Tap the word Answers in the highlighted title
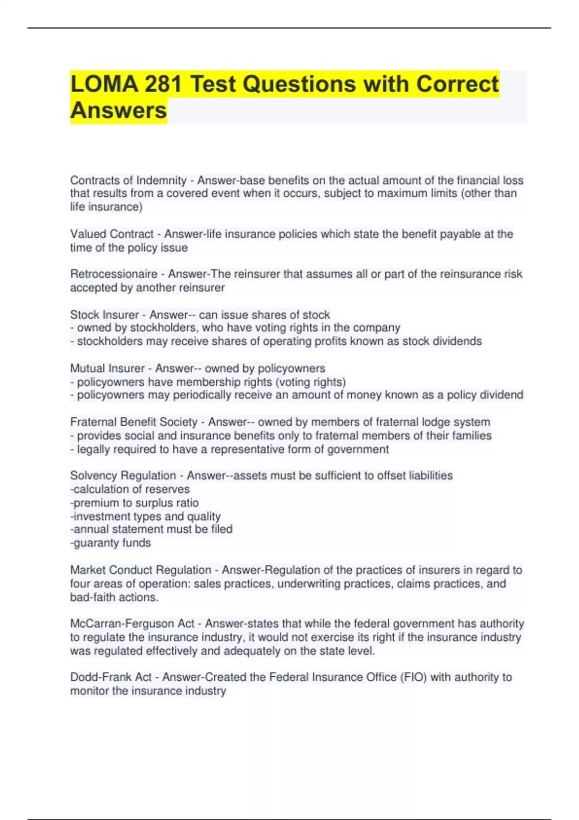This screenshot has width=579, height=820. coord(119,110)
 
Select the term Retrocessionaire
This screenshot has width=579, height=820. coord(114,274)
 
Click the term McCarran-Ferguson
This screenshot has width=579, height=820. coord(132,624)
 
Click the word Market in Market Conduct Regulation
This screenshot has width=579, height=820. coord(88,570)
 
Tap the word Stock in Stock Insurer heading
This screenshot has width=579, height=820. coord(83,315)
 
